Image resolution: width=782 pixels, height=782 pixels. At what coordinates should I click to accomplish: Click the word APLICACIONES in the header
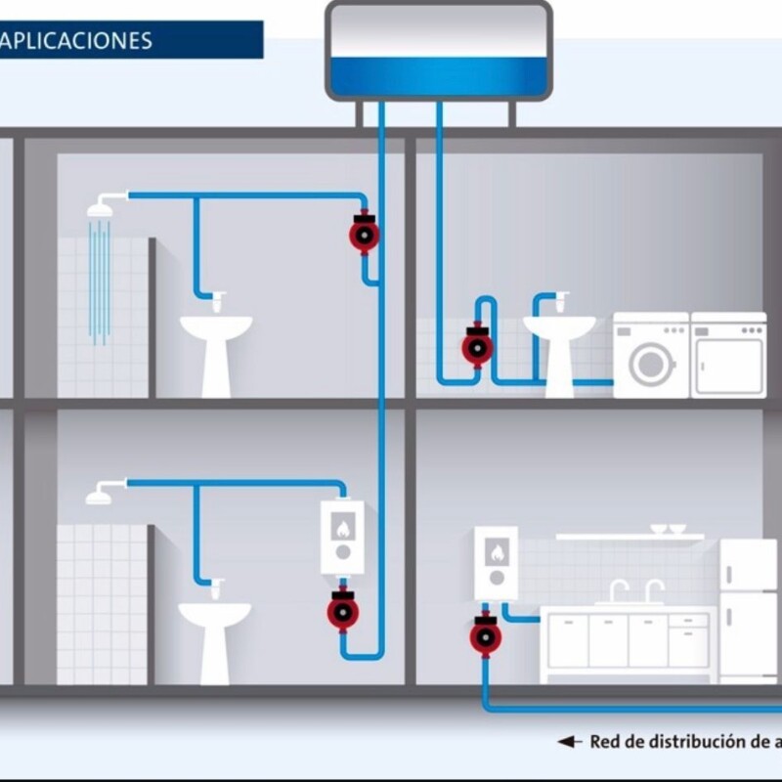tap(76, 41)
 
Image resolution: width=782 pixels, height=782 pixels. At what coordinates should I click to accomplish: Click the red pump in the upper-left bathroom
tap(365, 234)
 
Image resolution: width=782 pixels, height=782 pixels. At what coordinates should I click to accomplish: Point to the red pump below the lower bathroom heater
tap(343, 612)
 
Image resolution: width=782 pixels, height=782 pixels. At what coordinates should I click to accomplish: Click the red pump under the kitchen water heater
tap(485, 635)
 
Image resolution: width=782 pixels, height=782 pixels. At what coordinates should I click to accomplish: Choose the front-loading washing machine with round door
tap(651, 355)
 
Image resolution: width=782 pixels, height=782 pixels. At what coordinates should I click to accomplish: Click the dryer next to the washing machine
tap(728, 355)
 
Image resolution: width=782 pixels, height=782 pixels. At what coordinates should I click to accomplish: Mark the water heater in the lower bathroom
tap(342, 538)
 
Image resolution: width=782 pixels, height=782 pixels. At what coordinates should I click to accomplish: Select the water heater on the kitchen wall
tap(496, 562)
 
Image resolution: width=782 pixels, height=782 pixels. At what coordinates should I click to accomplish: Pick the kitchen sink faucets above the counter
tap(635, 590)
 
